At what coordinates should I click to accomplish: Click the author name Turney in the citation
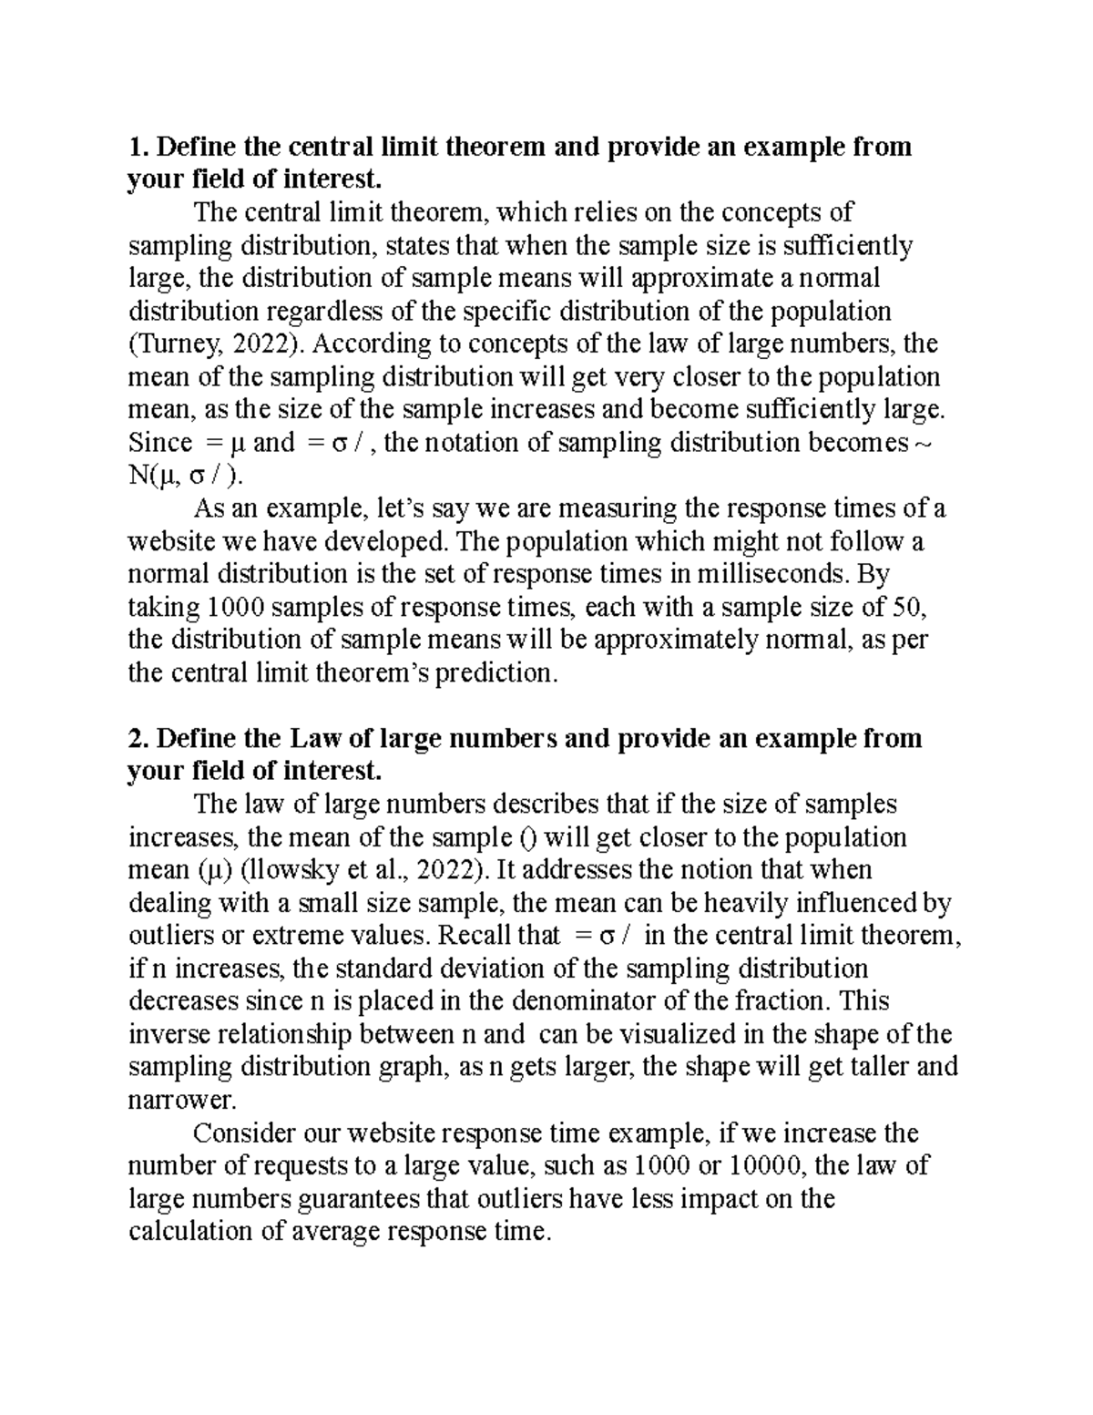click(174, 344)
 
